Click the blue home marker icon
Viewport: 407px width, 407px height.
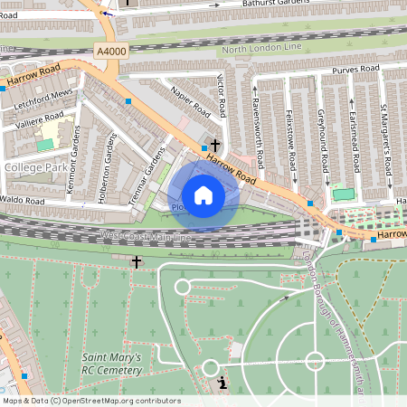click(x=203, y=195)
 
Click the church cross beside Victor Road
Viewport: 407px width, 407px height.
click(x=215, y=145)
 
